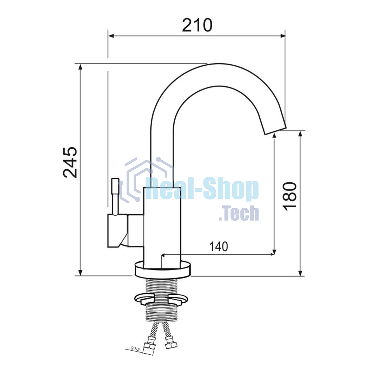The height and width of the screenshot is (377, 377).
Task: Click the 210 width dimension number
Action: (197, 25)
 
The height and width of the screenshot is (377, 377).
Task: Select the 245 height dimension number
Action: (70, 162)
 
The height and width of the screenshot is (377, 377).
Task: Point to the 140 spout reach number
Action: (219, 246)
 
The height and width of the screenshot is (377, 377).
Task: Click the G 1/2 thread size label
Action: (135, 349)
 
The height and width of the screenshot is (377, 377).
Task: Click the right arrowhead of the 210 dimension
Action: (283, 36)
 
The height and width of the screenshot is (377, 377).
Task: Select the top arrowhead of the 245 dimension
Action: (80, 67)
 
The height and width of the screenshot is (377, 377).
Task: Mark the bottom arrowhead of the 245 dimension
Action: (80, 273)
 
